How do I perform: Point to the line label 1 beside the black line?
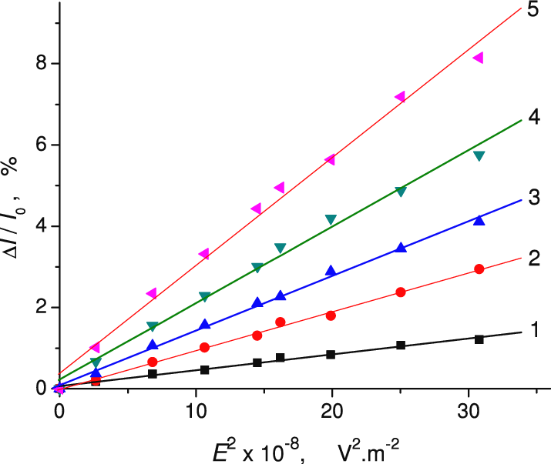[533, 331]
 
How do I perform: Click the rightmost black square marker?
[479, 339]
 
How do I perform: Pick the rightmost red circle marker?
[479, 269]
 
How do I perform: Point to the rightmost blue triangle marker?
[479, 220]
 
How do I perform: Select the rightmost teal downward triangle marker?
[479, 156]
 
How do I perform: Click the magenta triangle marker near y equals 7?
[399, 96]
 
